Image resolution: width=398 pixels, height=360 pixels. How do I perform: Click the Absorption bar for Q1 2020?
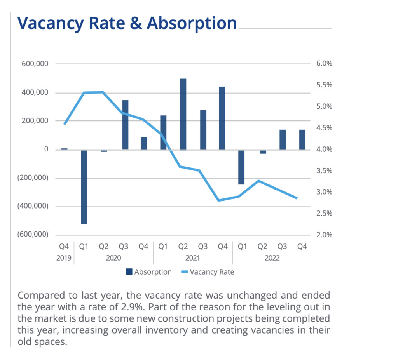[x=84, y=187]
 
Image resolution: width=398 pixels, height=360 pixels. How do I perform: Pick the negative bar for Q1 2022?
[x=241, y=167]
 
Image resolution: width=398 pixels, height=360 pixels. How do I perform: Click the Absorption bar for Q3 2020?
[x=125, y=125]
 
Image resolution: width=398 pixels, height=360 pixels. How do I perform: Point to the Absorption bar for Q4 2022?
[x=302, y=139]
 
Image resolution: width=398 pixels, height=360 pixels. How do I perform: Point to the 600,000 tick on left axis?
[x=35, y=64]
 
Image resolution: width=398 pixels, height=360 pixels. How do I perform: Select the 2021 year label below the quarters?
[x=193, y=258]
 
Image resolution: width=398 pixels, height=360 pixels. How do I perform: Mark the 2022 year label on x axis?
[x=272, y=258]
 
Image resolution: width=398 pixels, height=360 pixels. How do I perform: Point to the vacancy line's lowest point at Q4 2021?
[x=219, y=200]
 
